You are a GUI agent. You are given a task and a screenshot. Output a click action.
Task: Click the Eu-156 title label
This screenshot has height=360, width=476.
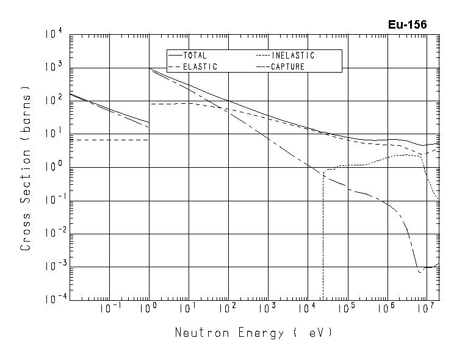point(407,25)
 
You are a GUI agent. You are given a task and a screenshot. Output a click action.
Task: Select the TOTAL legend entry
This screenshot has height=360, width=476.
point(195,56)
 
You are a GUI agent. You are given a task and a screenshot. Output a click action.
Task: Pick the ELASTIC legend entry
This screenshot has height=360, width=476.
point(200,67)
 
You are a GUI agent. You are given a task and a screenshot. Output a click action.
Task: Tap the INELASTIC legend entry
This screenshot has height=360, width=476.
point(293,56)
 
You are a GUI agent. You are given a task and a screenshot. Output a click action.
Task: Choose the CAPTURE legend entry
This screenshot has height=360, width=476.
point(287,67)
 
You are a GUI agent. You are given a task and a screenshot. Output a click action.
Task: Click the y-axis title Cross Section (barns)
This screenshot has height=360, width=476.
point(26,168)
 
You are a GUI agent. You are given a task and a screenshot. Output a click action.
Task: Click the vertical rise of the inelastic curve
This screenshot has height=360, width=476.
point(322,238)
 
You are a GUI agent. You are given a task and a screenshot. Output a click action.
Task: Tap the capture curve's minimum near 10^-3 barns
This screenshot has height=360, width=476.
point(420,271)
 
